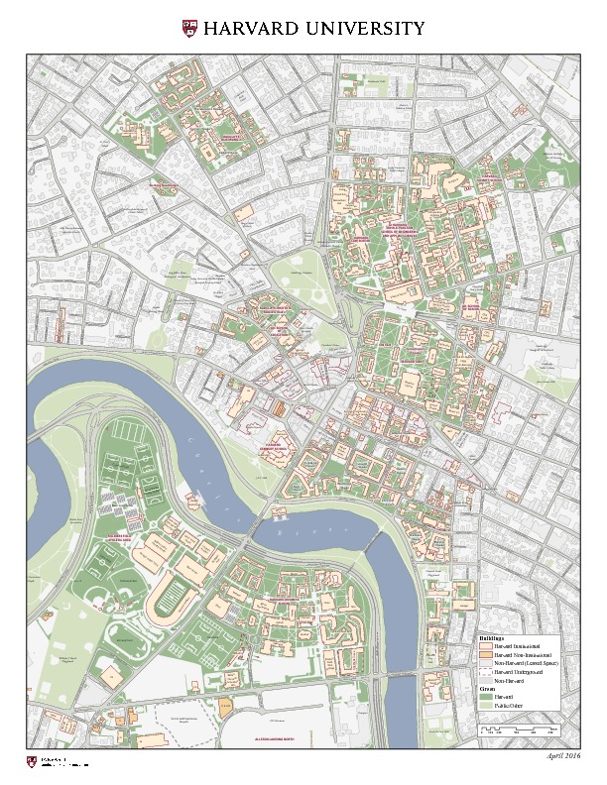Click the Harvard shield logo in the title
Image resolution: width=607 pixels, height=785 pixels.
coord(190,28)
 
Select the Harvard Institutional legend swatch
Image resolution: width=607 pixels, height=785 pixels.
coord(485,646)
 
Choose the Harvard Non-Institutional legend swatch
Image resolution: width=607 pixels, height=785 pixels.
coord(485,655)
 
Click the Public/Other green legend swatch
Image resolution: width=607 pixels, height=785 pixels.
coord(485,706)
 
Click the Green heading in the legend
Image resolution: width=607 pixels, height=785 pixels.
coord(486,689)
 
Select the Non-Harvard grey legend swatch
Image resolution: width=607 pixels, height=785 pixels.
coord(485,681)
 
